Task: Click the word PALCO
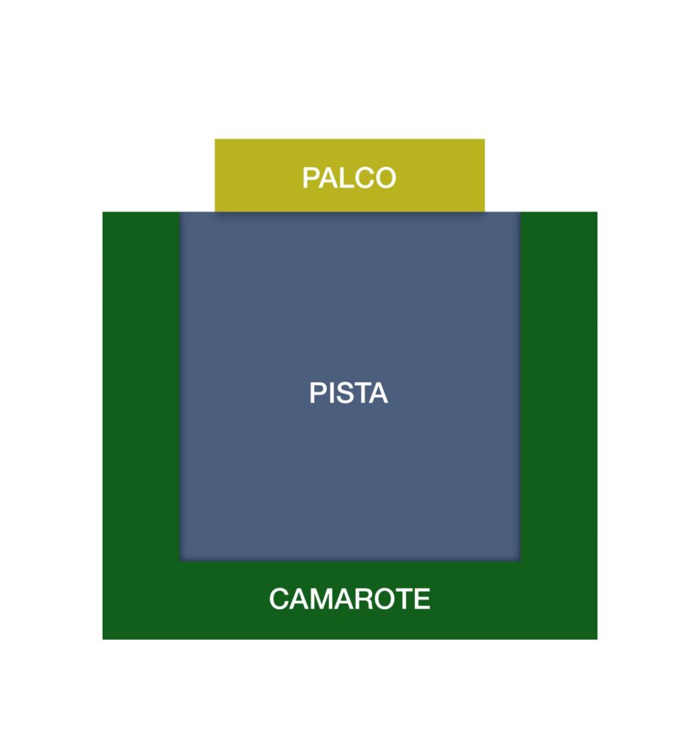[x=349, y=178]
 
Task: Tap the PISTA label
[x=349, y=393]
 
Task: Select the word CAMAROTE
[x=349, y=599]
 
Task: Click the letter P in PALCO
[x=311, y=178]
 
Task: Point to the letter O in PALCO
[x=385, y=178]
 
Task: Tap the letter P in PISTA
[x=318, y=393]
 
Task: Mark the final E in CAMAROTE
[x=422, y=599]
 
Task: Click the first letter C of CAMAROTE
[x=279, y=599]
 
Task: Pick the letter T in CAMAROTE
[x=405, y=599]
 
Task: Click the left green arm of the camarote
[x=141, y=386]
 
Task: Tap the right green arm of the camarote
[x=559, y=386]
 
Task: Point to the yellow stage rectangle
[x=349, y=175]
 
